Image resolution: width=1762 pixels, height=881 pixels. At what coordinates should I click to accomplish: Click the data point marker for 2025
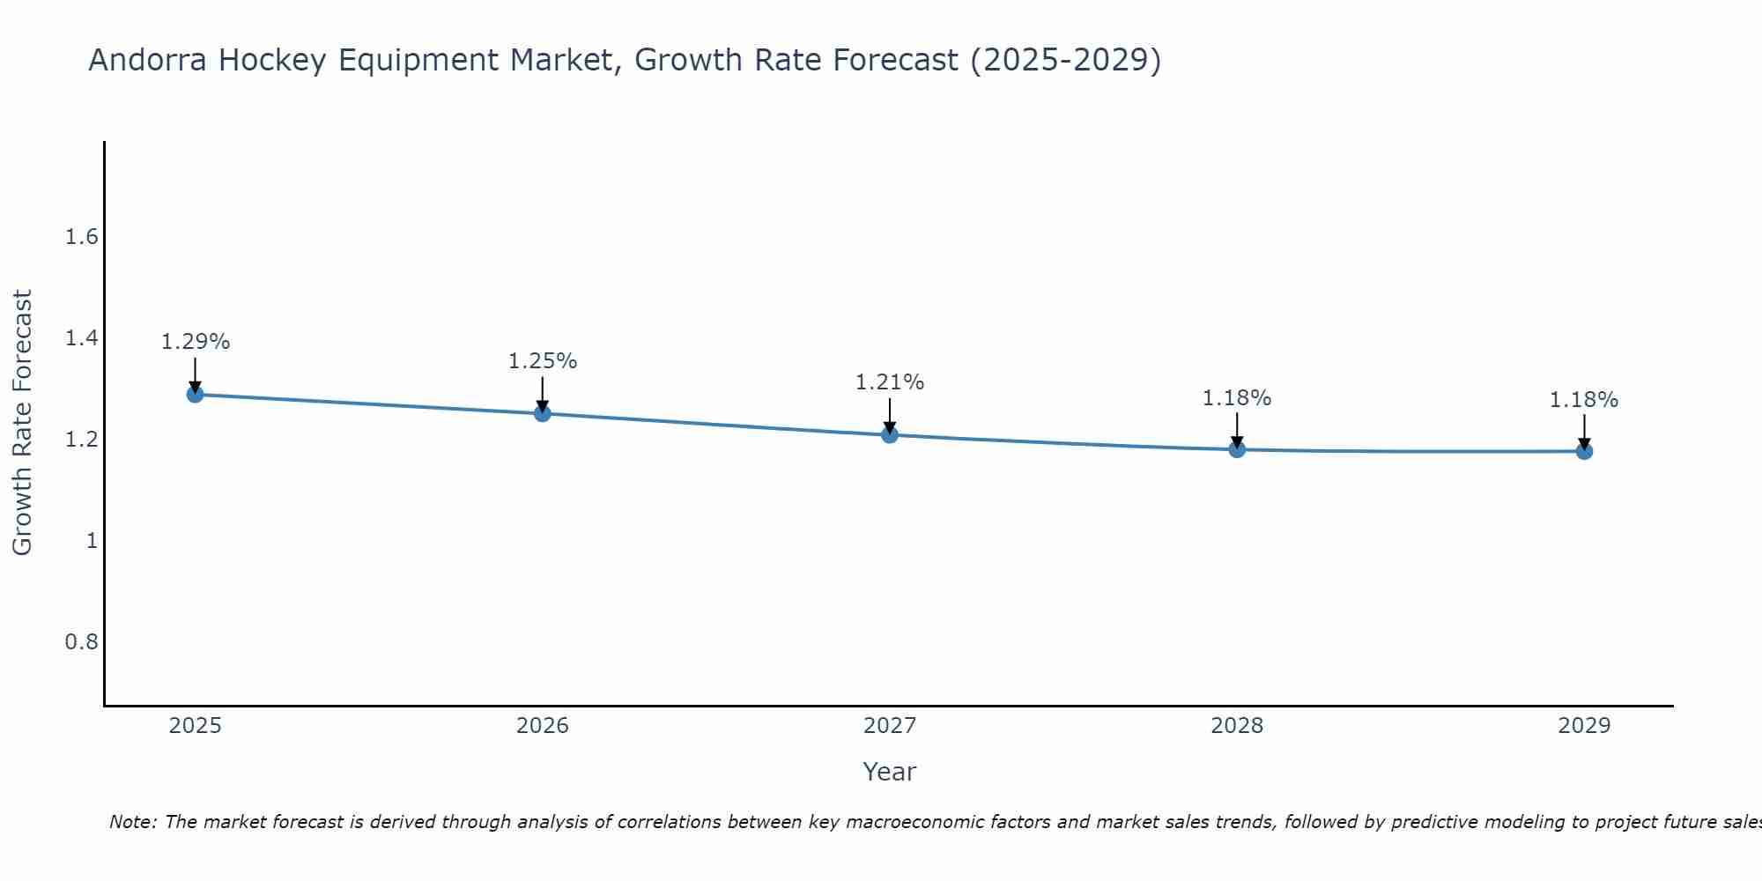(196, 394)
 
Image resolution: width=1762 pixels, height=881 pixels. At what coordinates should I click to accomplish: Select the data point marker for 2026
(543, 413)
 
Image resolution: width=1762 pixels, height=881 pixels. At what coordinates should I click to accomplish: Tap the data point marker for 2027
(890, 434)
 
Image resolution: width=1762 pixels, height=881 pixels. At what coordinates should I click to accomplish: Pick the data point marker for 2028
(1237, 449)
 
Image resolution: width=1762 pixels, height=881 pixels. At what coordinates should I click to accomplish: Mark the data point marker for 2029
(1584, 451)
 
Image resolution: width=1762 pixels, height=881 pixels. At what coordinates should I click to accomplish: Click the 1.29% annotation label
(196, 342)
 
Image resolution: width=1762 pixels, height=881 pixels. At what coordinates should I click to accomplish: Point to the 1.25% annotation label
(543, 361)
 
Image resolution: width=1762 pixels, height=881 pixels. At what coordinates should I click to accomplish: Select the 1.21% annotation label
(890, 382)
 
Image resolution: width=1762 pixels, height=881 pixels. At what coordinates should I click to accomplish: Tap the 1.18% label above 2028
(1237, 398)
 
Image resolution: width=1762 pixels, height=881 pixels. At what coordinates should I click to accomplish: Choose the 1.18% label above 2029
(1584, 400)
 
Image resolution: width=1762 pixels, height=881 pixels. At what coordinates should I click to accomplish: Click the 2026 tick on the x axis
(543, 726)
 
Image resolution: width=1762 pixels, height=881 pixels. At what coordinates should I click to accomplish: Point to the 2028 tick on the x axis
(1237, 726)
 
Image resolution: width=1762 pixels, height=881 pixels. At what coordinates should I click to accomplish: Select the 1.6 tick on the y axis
(81, 237)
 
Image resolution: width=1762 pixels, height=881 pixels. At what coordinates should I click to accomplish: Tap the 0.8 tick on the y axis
(81, 641)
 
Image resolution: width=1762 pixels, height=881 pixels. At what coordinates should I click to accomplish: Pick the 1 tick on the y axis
(92, 540)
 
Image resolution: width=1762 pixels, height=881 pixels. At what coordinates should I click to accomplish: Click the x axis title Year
(890, 772)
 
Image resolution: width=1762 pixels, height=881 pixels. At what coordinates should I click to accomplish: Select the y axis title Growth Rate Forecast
(22, 423)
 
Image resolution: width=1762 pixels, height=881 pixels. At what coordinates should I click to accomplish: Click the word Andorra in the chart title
(148, 60)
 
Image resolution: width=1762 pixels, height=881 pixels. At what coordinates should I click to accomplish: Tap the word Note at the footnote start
(132, 822)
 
